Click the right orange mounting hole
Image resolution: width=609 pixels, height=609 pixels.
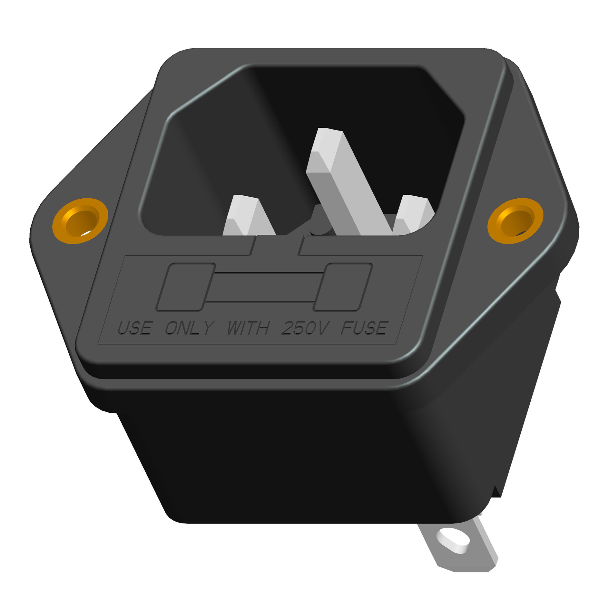pos(515,221)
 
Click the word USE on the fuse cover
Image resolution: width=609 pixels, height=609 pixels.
pos(135,328)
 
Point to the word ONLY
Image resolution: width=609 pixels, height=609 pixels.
pos(190,328)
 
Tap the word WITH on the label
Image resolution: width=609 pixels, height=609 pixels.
pos(248,328)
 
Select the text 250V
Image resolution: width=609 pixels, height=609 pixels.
pos(305,328)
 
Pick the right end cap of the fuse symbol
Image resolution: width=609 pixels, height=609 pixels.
pos(343,287)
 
